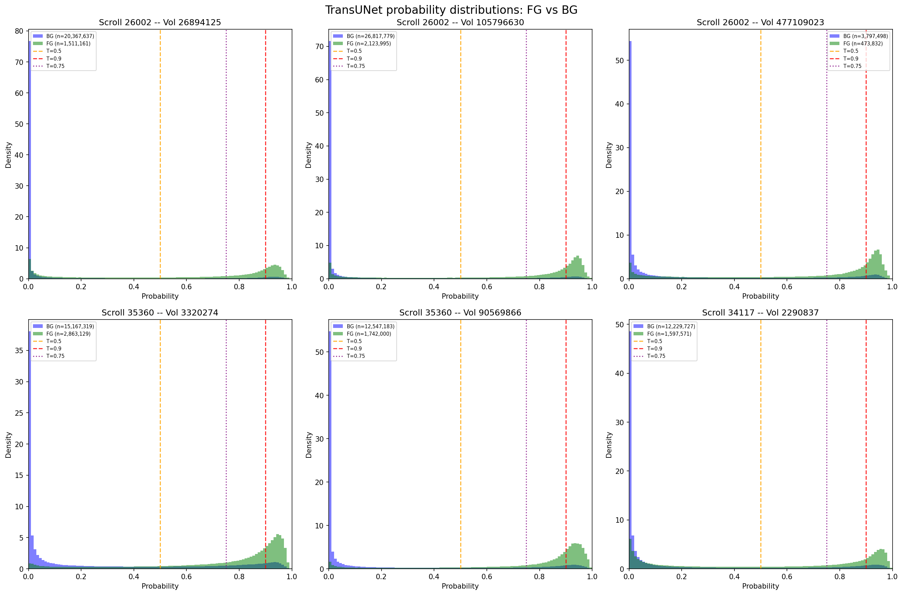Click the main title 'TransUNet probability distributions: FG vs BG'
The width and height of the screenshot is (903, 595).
point(451,10)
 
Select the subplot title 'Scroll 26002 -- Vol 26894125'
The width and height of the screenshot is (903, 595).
point(160,23)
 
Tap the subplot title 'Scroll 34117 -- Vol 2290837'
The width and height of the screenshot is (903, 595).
point(760,313)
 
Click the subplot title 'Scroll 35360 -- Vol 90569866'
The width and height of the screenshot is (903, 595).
point(460,313)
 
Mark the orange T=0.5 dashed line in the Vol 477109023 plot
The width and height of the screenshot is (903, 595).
point(761,152)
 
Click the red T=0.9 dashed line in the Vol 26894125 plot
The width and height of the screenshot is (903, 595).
point(265,152)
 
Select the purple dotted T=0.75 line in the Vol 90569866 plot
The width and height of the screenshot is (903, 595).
point(526,444)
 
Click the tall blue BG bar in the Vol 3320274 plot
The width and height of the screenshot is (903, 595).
point(30,455)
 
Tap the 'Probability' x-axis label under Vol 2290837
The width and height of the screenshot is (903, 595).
point(760,586)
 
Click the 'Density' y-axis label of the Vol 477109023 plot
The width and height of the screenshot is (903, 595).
point(609,155)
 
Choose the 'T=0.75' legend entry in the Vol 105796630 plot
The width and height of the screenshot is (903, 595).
point(356,66)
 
